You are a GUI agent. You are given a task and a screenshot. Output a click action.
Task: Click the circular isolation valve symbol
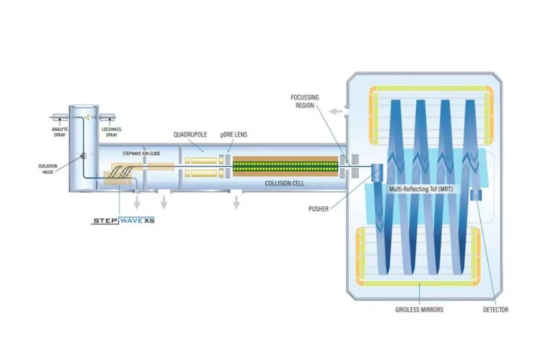tap(82, 156)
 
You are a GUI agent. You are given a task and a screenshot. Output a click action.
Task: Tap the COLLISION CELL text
tap(284, 184)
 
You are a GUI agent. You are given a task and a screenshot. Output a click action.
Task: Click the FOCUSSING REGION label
tap(306, 101)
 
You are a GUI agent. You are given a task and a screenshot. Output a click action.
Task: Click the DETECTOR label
tap(496, 309)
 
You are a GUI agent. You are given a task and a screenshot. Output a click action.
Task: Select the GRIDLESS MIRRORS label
tap(419, 309)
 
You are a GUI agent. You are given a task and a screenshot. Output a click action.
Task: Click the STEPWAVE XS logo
tap(123, 221)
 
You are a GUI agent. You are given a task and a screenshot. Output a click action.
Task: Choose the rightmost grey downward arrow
tap(237, 202)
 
